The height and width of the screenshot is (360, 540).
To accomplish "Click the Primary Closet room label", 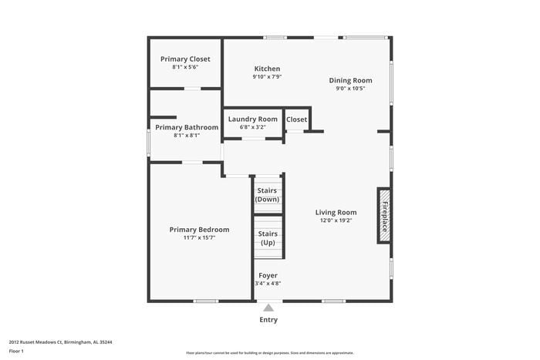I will point(185,59).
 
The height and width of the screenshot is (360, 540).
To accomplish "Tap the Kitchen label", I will point(266,69).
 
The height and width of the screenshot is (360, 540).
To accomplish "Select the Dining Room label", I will point(350,80).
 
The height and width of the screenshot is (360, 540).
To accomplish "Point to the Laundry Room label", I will point(252,119).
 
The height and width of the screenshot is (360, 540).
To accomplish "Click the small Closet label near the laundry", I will point(296,119).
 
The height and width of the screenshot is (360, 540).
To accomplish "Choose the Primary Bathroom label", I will point(187,127).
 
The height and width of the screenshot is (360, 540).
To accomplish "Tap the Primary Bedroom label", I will point(199,229).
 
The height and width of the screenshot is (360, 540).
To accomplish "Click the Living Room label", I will point(336,212).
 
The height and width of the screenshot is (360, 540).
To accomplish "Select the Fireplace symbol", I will point(383,215).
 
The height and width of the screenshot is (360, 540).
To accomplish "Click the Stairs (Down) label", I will point(268,195).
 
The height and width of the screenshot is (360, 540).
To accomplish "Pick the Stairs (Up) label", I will point(268,238).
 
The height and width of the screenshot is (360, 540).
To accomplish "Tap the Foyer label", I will point(268,275).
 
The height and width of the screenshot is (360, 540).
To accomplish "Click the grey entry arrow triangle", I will point(268,308).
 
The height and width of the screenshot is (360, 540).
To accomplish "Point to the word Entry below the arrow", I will point(268,320).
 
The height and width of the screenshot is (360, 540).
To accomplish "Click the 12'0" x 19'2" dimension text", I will point(336,220).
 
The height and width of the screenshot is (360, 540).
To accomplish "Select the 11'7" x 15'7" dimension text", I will point(199,237).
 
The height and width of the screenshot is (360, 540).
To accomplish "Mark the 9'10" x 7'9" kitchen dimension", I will point(266,77).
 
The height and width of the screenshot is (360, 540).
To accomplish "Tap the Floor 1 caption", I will point(16,352).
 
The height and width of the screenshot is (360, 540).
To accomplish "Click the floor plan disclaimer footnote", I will point(269,352).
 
